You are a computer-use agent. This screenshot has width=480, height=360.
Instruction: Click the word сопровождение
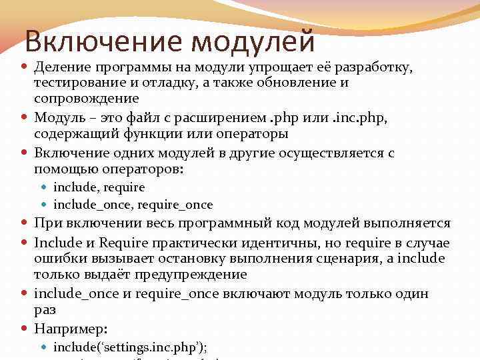(87, 99)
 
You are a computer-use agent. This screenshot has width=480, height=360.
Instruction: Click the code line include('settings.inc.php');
(131, 347)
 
